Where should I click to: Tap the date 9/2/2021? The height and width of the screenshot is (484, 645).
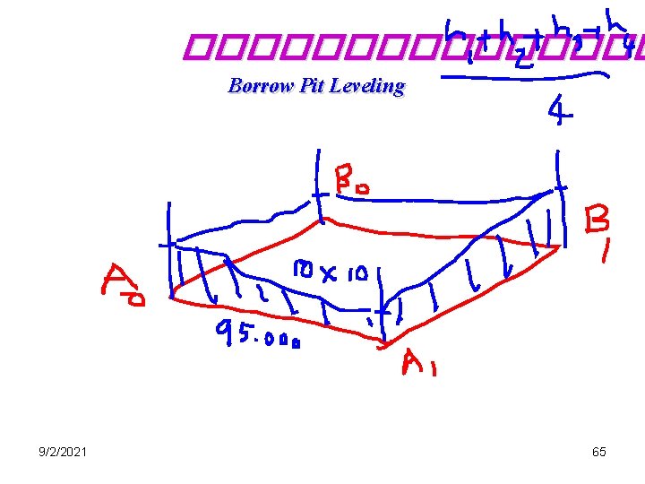pos(63,452)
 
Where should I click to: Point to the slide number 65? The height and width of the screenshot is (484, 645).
pos(599,452)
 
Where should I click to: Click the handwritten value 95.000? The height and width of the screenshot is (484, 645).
pos(257,336)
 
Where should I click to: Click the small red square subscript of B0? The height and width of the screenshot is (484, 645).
pos(367,186)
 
